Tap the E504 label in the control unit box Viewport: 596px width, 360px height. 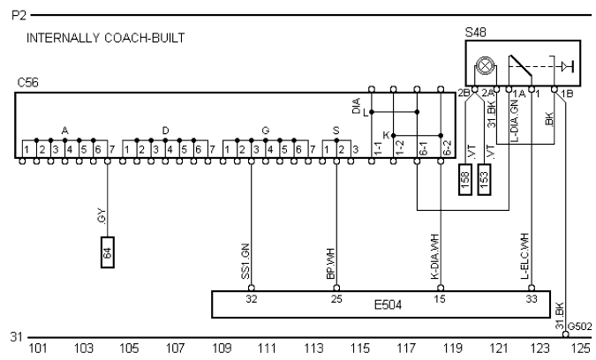coord(387,304)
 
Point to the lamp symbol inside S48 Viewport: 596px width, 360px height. coord(484,64)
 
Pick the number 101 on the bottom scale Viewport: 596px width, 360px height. coord(38,349)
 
